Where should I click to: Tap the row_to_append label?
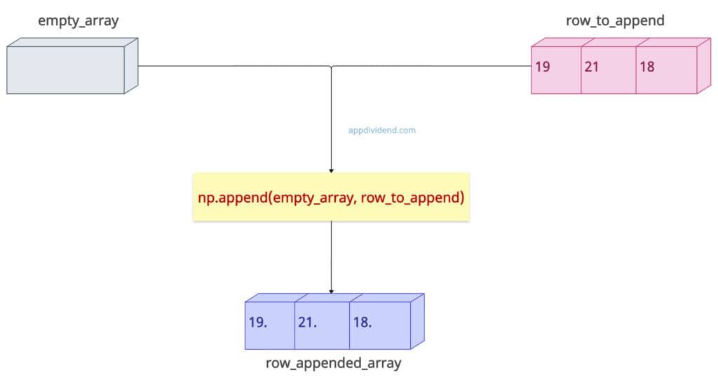[x=615, y=21]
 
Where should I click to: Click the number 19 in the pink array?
[x=542, y=68]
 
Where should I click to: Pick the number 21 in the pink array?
[x=592, y=68]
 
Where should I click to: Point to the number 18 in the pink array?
[x=647, y=68]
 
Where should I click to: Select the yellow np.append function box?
[x=331, y=198]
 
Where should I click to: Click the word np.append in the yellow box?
[x=230, y=198]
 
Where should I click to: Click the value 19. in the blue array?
[x=258, y=323]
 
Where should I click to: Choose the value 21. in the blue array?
[x=308, y=323]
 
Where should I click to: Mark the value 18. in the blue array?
[x=362, y=323]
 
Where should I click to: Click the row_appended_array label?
[x=333, y=364]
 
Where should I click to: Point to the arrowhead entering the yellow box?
[x=331, y=171]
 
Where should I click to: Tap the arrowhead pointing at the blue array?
[x=331, y=290]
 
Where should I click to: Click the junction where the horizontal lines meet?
[x=331, y=67]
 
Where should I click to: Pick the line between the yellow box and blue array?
[x=331, y=256]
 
